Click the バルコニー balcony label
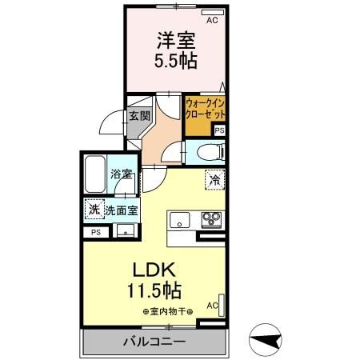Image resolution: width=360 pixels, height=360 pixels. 154,342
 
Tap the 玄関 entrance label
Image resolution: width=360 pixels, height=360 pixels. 138,115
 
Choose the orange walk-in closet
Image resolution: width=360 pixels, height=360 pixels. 204,110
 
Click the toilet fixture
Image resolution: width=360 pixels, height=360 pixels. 210,151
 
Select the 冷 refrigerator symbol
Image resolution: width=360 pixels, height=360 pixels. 214,181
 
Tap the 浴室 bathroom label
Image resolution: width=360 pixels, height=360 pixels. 121,195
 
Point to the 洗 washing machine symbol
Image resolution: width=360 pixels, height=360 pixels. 94,211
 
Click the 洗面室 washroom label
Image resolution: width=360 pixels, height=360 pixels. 122,211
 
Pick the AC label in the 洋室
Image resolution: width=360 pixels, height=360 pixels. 213,21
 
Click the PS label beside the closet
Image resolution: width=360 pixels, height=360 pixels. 219,130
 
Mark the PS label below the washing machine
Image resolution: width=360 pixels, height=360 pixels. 96,232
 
